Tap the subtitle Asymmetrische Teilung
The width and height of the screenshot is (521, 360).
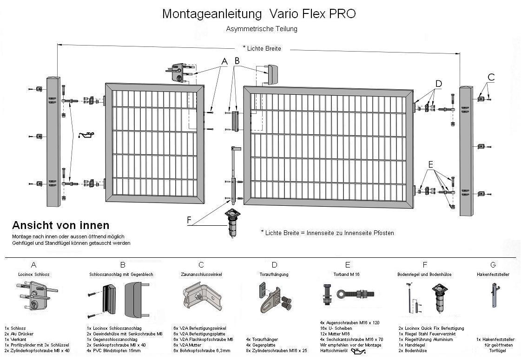[262, 29]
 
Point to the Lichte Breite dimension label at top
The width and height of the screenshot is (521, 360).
[263, 48]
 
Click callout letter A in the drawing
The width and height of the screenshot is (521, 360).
[224, 61]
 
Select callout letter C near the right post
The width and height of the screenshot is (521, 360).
[491, 77]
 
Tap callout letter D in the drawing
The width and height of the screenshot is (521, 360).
[438, 84]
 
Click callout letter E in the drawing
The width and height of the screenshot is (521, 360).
[430, 164]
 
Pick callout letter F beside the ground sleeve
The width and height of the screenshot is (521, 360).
[189, 220]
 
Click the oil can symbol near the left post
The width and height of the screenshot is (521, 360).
[87, 135]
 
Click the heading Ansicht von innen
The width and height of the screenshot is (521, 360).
[60, 226]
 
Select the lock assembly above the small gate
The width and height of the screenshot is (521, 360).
[180, 72]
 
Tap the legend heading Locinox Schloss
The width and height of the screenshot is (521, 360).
[33, 275]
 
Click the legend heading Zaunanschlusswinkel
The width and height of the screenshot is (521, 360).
[201, 275]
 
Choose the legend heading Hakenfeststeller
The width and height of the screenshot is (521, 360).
[493, 275]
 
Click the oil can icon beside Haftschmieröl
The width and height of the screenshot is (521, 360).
[359, 351]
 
